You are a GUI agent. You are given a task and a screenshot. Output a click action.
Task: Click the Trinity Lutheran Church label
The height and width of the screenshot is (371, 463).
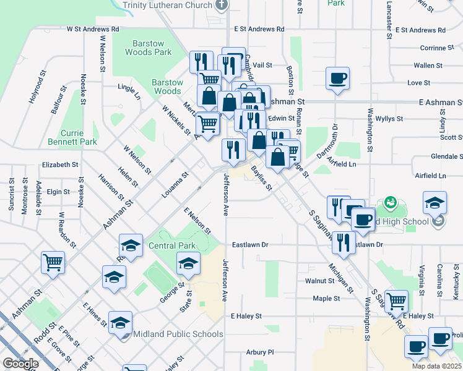coord(167,5)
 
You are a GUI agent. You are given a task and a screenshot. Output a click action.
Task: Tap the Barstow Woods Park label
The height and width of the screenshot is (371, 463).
coord(152,48)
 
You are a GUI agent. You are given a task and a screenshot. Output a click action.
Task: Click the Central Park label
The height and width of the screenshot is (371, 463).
coord(172,246)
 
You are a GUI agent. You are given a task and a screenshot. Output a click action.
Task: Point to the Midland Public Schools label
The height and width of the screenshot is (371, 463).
coord(178,335)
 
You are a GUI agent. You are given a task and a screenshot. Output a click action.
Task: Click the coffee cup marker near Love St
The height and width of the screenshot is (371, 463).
coord(337,79)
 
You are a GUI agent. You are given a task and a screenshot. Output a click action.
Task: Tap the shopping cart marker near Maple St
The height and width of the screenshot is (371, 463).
coord(396,301)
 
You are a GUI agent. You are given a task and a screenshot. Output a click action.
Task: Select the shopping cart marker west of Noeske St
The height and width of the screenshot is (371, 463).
coord(53,262)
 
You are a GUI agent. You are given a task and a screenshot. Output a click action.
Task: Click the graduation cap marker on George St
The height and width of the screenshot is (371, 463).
coord(188,264)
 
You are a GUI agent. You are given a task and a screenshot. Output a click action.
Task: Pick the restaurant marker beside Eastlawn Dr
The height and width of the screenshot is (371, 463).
coord(344,242)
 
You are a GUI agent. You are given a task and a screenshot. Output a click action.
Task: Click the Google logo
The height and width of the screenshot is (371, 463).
coord(20,364)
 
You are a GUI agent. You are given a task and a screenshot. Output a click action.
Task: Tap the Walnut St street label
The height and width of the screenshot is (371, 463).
coord(319,281)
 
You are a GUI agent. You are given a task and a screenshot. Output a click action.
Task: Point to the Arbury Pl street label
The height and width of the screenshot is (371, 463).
coord(259,352)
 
